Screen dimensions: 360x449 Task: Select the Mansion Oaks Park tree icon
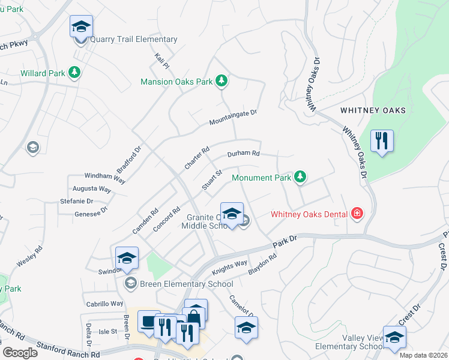pyautogui.click(x=221, y=80)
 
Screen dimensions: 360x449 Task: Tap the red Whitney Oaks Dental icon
pyautogui.click(x=358, y=214)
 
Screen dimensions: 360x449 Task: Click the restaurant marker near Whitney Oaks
pyautogui.click(x=382, y=142)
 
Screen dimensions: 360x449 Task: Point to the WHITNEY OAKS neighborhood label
pyautogui.click(x=373, y=110)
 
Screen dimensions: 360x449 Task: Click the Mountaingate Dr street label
pyautogui.click(x=233, y=117)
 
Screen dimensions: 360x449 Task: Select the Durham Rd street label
pyautogui.click(x=243, y=154)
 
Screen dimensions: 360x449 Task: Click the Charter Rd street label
pyautogui.click(x=197, y=157)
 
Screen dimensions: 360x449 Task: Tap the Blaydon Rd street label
pyautogui.click(x=262, y=265)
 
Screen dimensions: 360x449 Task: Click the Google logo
pyautogui.click(x=20, y=352)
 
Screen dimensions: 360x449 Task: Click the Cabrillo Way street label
pyautogui.click(x=104, y=304)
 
